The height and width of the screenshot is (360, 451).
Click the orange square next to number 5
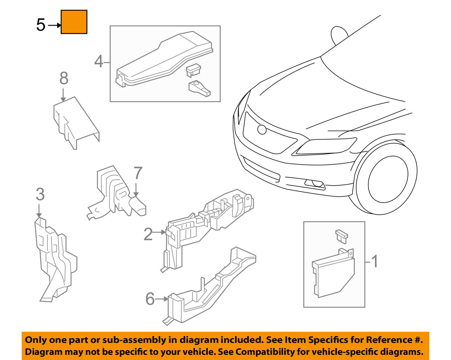click(74, 22)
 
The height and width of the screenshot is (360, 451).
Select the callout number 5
click(41, 25)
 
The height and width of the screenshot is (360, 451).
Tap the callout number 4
click(99, 62)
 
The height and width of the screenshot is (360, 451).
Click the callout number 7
click(137, 174)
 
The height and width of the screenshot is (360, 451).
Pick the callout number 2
click(148, 234)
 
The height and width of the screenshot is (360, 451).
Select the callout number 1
click(374, 262)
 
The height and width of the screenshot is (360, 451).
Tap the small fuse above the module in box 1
click(342, 236)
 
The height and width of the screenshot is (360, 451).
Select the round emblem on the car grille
click(262, 129)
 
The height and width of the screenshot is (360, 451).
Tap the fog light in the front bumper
click(314, 183)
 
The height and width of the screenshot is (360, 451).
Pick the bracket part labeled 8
click(75, 122)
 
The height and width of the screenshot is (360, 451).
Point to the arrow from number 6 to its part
click(162, 299)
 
